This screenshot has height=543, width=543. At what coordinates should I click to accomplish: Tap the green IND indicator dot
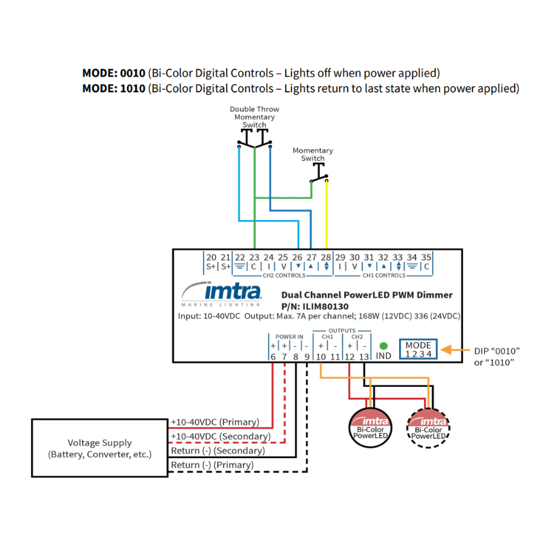383,345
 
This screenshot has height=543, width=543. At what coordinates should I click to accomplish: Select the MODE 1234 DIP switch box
418,350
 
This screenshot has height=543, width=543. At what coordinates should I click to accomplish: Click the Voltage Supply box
99,449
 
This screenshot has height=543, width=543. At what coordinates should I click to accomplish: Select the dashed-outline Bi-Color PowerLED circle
428,429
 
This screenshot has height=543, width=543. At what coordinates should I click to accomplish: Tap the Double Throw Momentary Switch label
255,117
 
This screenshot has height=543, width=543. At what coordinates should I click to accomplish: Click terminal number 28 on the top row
326,257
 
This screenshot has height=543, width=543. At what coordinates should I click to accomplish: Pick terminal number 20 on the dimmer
211,257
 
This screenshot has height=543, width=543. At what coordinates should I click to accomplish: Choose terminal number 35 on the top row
426,257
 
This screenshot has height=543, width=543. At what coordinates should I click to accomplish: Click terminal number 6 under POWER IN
273,356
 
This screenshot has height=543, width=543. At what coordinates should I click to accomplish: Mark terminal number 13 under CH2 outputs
364,356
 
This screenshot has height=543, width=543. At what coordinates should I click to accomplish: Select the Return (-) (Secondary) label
217,451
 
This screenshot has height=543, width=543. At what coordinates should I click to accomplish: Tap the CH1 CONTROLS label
383,276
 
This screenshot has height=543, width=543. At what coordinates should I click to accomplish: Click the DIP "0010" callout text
498,350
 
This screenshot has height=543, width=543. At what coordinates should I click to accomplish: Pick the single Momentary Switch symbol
319,175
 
